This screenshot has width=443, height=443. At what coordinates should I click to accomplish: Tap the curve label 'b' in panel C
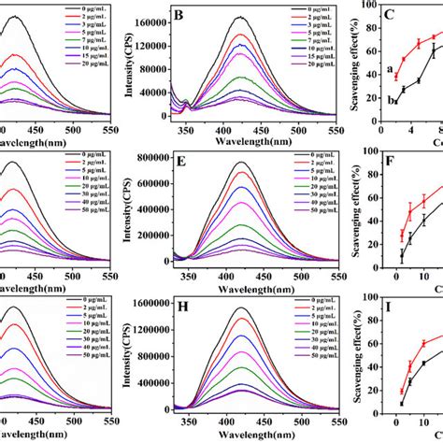[360, 99]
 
